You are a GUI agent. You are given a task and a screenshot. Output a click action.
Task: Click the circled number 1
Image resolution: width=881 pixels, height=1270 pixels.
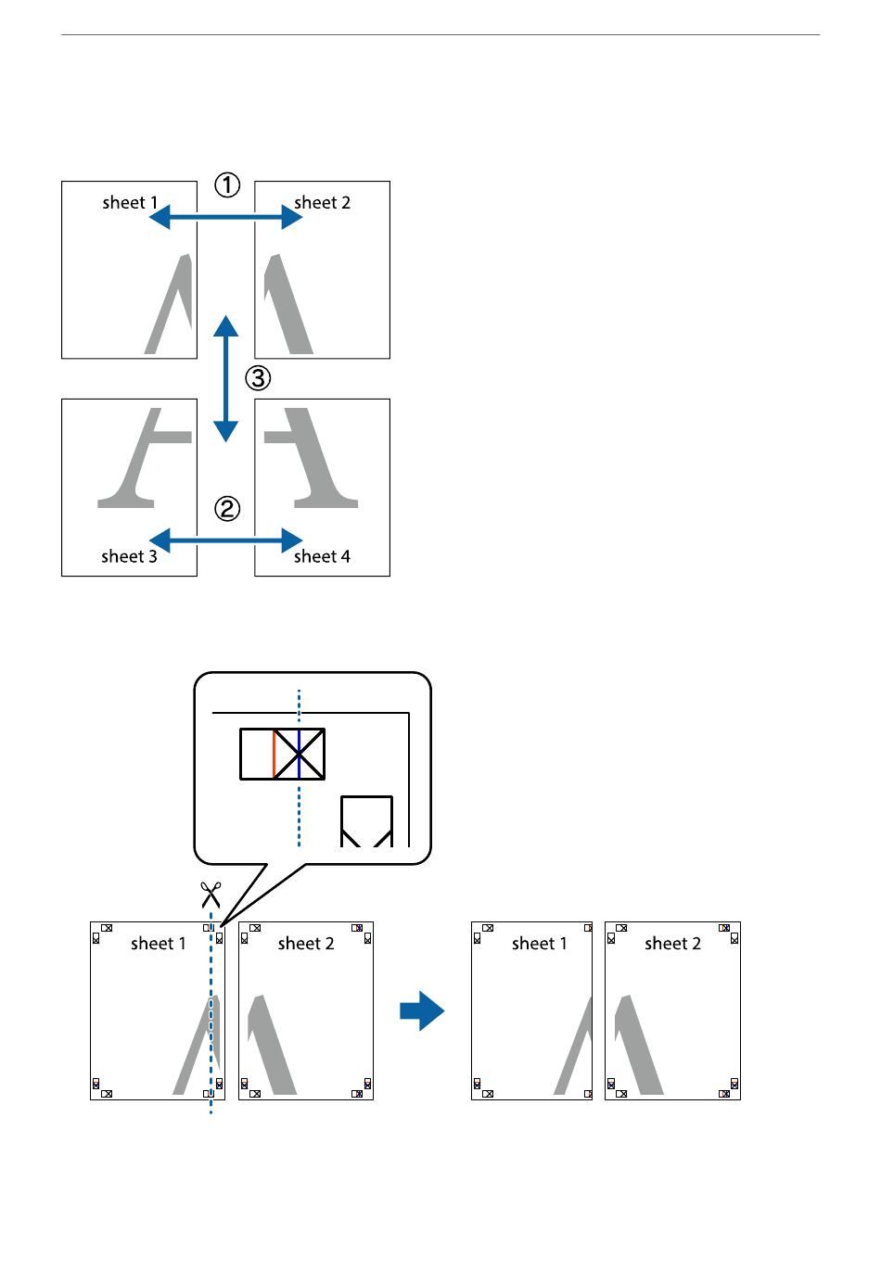click(227, 185)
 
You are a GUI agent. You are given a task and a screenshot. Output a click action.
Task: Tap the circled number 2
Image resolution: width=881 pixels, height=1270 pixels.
click(227, 508)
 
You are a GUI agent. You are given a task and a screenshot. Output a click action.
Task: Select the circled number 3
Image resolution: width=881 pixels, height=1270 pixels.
click(258, 377)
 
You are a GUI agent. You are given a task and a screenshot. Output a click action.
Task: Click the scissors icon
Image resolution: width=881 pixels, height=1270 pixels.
click(211, 895)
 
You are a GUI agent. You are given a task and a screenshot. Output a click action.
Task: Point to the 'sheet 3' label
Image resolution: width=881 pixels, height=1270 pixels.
click(129, 556)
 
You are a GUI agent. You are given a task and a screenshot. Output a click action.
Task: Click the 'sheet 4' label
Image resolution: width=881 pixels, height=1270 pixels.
click(322, 556)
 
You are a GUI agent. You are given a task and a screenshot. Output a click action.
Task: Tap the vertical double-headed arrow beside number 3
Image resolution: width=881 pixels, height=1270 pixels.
click(225, 378)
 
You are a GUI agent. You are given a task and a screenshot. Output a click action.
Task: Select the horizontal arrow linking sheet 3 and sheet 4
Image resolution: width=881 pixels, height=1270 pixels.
click(225, 540)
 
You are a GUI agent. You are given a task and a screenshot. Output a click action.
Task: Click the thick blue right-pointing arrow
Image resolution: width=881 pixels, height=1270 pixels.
click(422, 1010)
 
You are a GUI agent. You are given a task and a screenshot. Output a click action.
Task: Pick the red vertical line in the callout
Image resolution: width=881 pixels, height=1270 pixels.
click(274, 754)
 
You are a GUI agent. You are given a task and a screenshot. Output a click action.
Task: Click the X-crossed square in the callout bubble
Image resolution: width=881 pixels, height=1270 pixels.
click(299, 754)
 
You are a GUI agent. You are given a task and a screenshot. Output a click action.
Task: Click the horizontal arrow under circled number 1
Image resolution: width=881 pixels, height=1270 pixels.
click(225, 217)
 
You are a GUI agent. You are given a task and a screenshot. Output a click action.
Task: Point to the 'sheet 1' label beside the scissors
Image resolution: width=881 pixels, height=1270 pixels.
click(159, 944)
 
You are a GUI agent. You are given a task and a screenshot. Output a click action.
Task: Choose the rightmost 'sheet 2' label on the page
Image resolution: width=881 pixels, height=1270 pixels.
click(672, 944)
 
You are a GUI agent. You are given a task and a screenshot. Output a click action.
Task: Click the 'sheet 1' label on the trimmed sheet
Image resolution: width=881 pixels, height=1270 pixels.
click(539, 944)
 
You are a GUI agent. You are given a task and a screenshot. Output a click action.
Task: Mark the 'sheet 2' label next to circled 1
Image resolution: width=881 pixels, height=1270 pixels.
click(322, 202)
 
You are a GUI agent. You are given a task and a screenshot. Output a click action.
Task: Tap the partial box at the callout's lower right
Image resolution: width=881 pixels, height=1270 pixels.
click(367, 820)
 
